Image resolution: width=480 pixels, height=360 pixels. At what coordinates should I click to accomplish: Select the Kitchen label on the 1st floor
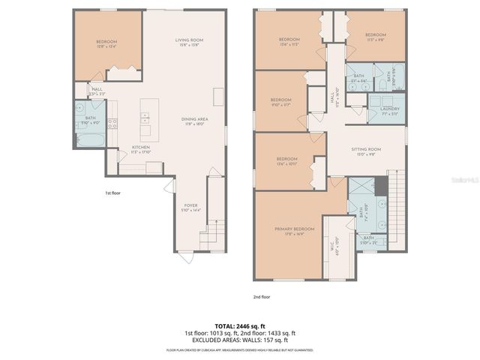click(142, 148)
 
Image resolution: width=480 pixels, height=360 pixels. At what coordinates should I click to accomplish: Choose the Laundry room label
click(389, 110)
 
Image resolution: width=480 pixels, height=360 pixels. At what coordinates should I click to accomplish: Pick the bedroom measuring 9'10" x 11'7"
click(280, 102)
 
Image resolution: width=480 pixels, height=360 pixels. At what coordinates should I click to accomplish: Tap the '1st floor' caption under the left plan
click(113, 193)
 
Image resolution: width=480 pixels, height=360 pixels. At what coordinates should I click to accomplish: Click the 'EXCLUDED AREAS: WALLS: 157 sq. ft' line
click(239, 340)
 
